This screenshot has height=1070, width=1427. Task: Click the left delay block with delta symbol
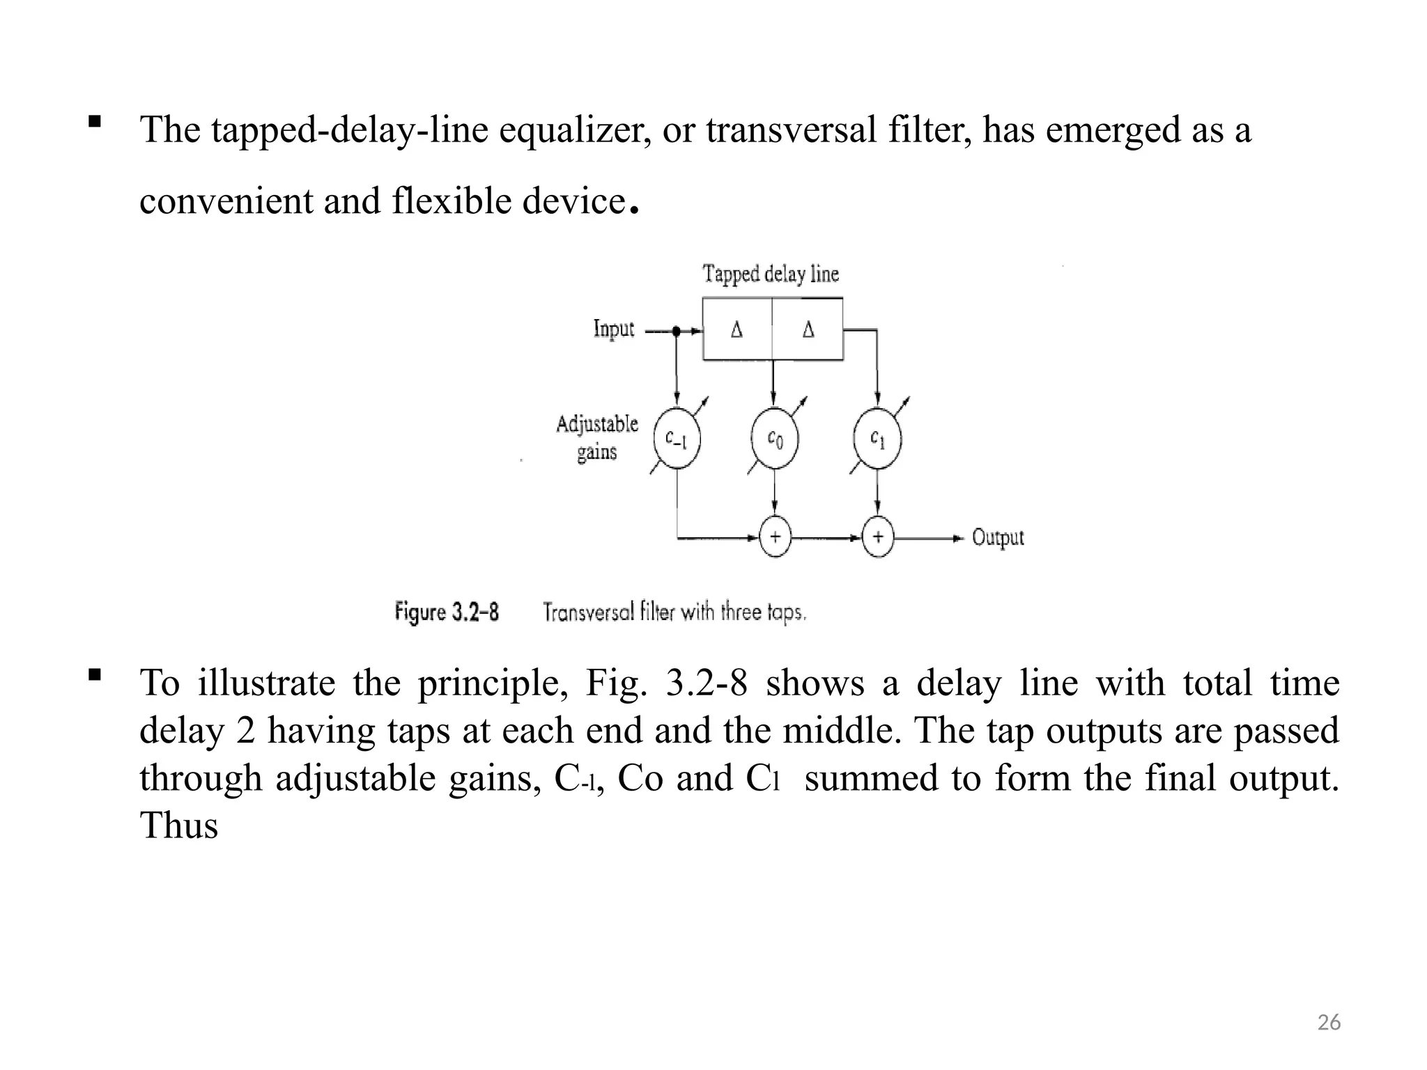click(737, 329)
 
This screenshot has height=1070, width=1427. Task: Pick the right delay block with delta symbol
click(808, 329)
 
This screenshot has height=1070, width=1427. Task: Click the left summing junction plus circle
click(775, 537)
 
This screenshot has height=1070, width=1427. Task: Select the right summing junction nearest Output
click(878, 537)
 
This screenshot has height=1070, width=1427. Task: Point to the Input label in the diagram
click(613, 329)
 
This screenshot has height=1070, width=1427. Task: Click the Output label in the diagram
click(998, 538)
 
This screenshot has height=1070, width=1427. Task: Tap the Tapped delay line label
click(771, 274)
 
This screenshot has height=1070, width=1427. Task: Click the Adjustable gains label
click(597, 437)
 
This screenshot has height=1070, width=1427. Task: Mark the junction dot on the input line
click(676, 331)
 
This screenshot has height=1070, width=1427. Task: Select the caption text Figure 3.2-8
click(447, 612)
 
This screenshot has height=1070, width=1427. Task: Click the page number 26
click(1329, 1023)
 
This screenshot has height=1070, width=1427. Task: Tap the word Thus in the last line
click(178, 825)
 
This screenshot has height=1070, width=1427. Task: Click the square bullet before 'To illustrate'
click(95, 674)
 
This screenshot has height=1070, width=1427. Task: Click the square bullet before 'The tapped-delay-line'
click(95, 122)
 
